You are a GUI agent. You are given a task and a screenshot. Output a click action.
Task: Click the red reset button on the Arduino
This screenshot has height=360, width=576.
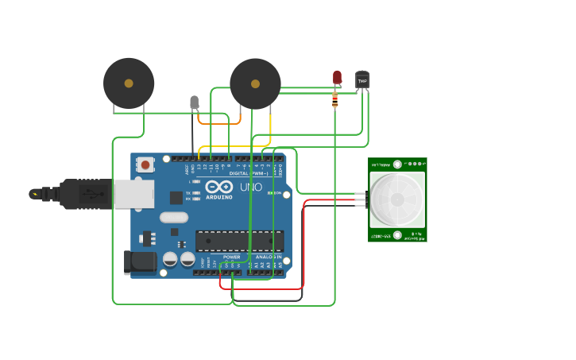click(x=145, y=165)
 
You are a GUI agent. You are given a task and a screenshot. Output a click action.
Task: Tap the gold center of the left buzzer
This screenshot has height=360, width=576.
click(x=129, y=83)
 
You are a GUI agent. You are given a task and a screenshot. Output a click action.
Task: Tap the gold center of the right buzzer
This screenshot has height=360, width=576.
click(x=255, y=83)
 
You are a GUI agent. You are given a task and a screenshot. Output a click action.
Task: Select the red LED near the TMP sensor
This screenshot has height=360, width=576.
click(x=337, y=77)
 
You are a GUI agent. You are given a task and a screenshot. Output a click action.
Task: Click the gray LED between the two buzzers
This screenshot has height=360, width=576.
click(x=195, y=102)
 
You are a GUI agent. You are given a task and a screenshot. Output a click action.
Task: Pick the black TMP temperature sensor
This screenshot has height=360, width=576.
click(x=362, y=80)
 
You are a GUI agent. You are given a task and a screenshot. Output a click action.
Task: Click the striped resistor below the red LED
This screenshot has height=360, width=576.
click(x=335, y=99)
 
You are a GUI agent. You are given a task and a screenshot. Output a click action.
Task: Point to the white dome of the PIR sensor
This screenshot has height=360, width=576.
click(x=396, y=200)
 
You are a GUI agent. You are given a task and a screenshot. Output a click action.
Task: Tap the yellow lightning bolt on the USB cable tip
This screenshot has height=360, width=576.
click(x=34, y=193)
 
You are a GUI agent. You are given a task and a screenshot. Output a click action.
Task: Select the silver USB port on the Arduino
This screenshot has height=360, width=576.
click(x=133, y=194)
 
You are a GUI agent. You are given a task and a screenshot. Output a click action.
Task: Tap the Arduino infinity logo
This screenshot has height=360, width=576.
click(x=218, y=188)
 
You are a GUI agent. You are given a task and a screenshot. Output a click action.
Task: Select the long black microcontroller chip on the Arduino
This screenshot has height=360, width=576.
click(x=239, y=241)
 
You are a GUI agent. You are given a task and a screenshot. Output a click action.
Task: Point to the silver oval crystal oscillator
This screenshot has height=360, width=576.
click(x=174, y=217)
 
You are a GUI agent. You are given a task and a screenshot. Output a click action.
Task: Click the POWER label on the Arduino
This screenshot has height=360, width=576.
click(x=231, y=257)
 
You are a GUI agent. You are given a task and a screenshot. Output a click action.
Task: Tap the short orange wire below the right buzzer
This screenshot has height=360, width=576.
click(x=218, y=122)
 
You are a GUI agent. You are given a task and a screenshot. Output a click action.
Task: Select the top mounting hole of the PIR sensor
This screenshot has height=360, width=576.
click(x=396, y=165)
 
